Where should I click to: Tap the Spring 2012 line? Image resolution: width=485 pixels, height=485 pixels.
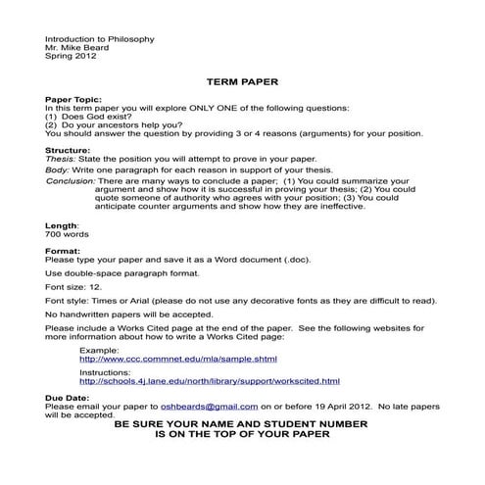point(70,56)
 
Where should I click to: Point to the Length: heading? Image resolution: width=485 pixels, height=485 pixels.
point(62,225)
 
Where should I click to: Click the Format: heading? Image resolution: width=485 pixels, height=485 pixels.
point(64,251)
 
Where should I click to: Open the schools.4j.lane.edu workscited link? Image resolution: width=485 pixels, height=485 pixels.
point(209,381)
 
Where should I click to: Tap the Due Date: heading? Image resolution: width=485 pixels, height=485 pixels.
point(68,397)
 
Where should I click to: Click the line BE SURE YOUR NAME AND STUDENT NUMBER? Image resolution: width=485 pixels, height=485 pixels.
point(241,423)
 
